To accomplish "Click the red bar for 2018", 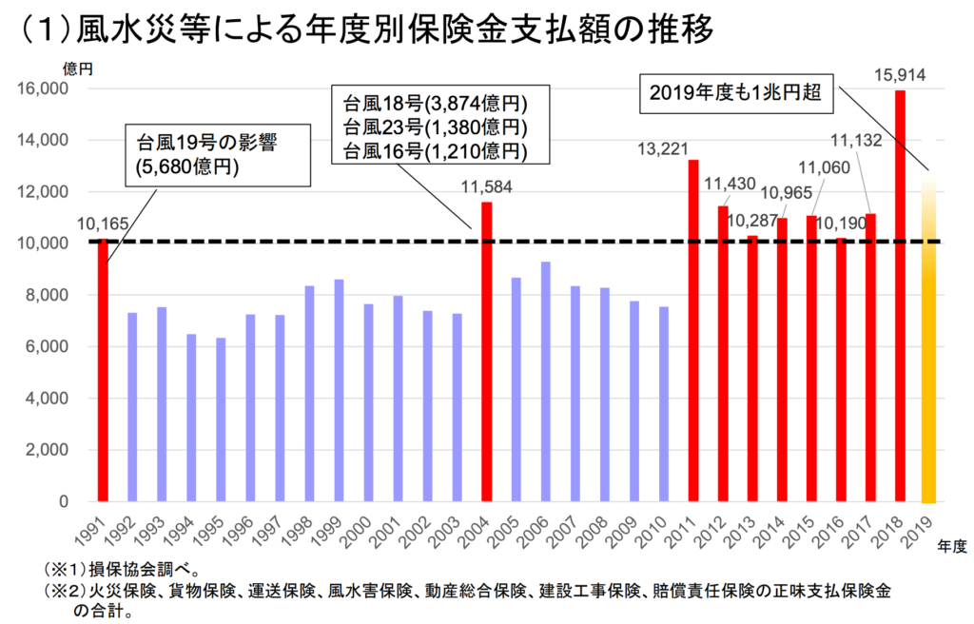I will click(x=900, y=295).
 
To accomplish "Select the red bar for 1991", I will click(x=103, y=370).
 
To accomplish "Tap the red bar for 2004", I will click(x=487, y=351).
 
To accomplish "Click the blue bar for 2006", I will click(x=545, y=381).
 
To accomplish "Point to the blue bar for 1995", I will click(x=221, y=419).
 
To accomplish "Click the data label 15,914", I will click(x=899, y=73).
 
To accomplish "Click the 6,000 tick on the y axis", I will click(x=44, y=347).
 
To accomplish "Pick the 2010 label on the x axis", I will click(x=657, y=529).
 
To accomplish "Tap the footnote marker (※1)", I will click(x=65, y=572).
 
